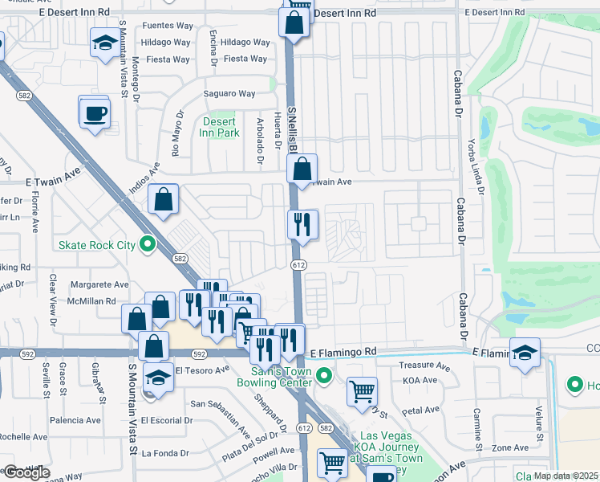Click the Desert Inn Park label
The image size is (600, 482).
click(x=220, y=127)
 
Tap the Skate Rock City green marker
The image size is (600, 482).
click(x=147, y=243)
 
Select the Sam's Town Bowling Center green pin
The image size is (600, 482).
click(x=324, y=374)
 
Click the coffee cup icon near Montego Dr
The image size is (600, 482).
click(x=95, y=112)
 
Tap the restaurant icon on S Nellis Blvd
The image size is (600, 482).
click(x=302, y=225)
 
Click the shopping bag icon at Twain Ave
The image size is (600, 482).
click(x=302, y=169)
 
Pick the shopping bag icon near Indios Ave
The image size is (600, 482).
click(x=163, y=201)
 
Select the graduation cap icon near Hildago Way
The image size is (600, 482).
click(x=103, y=43)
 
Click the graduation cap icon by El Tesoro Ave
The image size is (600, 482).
click(x=158, y=377)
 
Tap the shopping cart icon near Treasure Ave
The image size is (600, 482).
click(x=363, y=392)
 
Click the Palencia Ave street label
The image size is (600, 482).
click(x=75, y=420)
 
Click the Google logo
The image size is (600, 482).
click(x=26, y=472)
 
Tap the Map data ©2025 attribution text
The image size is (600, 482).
click(x=565, y=476)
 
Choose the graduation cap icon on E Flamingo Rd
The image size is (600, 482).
click(x=525, y=353)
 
